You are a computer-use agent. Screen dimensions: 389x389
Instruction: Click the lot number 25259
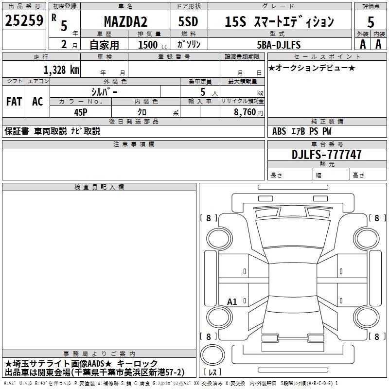coord(24,20)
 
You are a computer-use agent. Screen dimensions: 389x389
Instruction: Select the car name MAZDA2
coord(125,21)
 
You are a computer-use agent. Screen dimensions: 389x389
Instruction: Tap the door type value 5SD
coord(188,21)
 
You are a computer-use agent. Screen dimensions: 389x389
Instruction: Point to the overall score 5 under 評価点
coord(371,22)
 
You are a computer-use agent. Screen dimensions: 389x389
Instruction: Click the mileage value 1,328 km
coord(61,70)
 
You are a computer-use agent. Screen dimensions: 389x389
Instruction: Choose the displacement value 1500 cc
coord(153,45)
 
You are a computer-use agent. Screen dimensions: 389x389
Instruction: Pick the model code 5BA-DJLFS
coord(279,45)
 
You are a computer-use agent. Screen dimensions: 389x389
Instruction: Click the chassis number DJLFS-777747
coord(326,155)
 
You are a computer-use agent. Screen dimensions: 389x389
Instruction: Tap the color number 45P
coord(81,112)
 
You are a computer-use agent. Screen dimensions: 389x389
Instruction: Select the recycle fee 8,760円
coord(248,112)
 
